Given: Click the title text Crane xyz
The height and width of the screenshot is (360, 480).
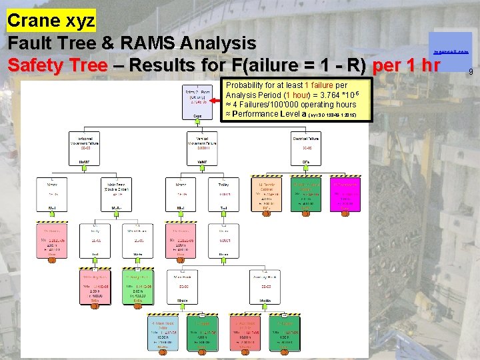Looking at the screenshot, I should pos(51,20).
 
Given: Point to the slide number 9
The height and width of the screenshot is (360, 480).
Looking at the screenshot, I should pos(470,71).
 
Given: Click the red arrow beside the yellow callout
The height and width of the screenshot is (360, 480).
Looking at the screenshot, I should pos(215,101).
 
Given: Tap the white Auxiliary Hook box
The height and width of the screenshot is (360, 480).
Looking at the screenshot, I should pos(266,286).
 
